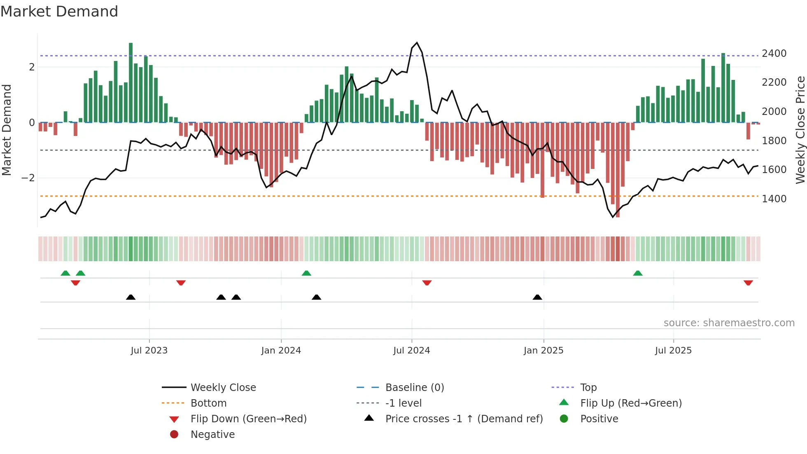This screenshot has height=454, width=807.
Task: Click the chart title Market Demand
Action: click(x=59, y=12)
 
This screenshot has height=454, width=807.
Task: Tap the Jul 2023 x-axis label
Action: click(x=149, y=351)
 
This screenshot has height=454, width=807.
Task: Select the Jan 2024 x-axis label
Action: click(x=281, y=351)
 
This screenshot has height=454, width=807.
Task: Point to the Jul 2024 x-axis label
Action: click(x=411, y=351)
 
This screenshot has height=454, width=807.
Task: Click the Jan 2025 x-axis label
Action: click(x=543, y=351)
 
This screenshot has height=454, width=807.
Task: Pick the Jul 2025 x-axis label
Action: click(x=673, y=351)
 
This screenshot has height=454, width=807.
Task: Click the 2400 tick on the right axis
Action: click(x=774, y=54)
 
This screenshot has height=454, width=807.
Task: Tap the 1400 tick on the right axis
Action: click(x=774, y=199)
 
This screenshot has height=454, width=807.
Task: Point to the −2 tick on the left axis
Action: click(x=28, y=178)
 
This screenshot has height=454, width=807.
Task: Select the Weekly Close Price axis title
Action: click(x=800, y=130)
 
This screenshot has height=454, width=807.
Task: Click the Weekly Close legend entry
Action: click(x=223, y=388)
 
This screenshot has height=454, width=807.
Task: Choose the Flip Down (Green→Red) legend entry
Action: click(x=248, y=419)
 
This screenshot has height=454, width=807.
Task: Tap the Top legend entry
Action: click(x=588, y=388)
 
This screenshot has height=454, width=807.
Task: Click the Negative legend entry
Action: click(x=212, y=435)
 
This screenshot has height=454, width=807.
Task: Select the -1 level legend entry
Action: click(x=403, y=403)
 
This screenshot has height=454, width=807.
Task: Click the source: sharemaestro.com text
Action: click(x=729, y=323)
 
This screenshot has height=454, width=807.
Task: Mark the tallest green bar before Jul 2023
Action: click(x=131, y=82)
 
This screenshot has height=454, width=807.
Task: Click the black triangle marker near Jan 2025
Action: click(x=537, y=297)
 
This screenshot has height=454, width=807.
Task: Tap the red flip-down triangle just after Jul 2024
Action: click(x=427, y=283)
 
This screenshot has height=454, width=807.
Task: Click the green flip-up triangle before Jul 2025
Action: click(x=638, y=273)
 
